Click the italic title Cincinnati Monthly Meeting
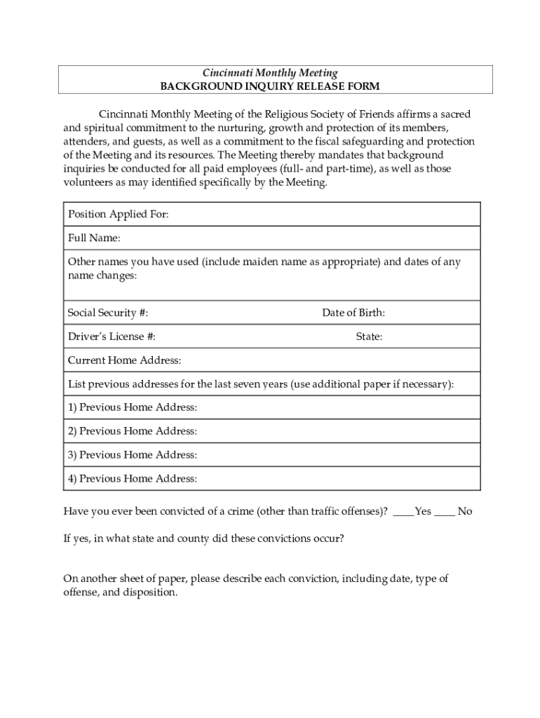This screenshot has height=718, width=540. click(x=270, y=73)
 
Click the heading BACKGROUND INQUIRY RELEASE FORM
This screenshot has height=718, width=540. click(x=270, y=86)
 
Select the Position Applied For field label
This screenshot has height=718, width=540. click(x=118, y=215)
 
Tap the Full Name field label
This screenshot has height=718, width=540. click(x=94, y=238)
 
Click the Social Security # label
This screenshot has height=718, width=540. click(x=107, y=313)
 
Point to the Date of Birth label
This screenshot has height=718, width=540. click(x=353, y=313)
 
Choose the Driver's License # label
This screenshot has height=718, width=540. click(x=112, y=337)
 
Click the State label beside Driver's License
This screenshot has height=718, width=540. click(x=369, y=337)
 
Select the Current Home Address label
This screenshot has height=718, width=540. click(x=124, y=360)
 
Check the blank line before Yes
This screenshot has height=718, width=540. click(x=403, y=513)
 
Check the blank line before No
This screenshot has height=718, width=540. click(x=445, y=513)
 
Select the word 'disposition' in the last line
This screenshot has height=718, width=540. click(x=151, y=592)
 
